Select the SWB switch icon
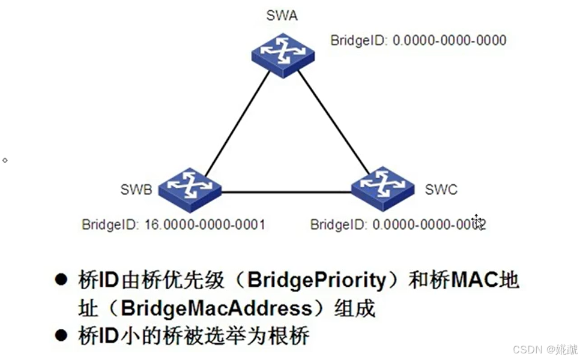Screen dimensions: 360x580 point(190,190)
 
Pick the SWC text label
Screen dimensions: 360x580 point(441,190)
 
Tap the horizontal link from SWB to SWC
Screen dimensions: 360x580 point(286,193)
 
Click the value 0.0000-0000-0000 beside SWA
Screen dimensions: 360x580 point(449,41)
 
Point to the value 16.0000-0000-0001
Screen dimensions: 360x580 point(205,225)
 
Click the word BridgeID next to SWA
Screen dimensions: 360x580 point(359,41)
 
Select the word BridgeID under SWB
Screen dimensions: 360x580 point(110,225)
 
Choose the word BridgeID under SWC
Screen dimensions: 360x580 point(338,225)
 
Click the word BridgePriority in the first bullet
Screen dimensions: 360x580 point(316,280)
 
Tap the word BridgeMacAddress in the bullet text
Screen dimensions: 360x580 point(217,308)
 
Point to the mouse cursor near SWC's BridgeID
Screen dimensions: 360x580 point(479,223)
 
